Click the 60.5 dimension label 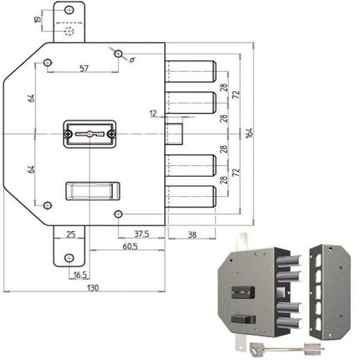tap(128, 249)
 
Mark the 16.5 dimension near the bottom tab tap(80, 274)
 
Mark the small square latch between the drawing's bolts tap(176, 133)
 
